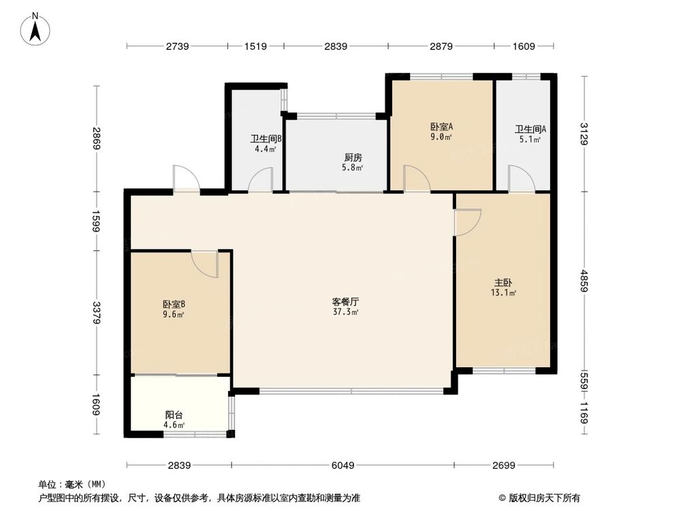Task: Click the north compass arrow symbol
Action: [x=36, y=29]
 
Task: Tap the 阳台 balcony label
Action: [x=174, y=414]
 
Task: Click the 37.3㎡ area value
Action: [x=345, y=312]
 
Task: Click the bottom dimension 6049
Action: [x=343, y=465]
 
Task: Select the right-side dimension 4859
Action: [x=584, y=281]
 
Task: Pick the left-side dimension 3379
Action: [x=97, y=313]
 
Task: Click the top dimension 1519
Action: [x=255, y=46]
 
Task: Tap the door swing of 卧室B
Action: [x=206, y=263]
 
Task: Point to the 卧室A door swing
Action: [x=416, y=179]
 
